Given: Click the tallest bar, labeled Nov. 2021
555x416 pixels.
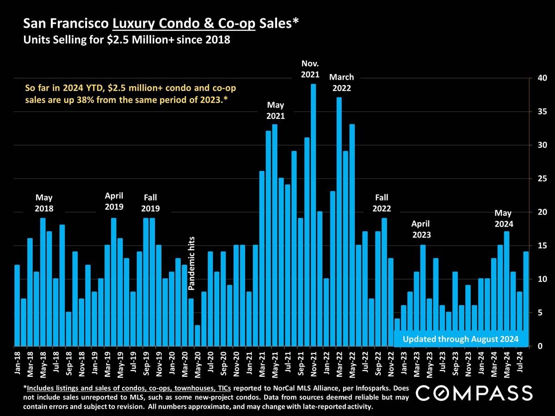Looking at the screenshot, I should click(313, 215).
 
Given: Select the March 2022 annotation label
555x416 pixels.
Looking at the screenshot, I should click(341, 83).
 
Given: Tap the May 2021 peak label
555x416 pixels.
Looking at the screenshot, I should click(275, 111).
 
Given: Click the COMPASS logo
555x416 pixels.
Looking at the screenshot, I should click(475, 393).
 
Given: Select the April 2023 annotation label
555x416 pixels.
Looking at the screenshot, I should click(421, 229).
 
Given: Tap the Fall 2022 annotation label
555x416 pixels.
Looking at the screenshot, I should click(382, 203).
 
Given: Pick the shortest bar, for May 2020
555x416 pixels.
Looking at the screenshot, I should click(197, 336).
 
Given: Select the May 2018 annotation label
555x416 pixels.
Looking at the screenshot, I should click(44, 203).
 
